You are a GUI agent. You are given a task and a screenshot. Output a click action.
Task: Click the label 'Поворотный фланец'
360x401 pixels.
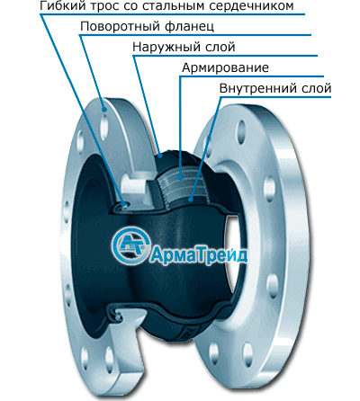147,26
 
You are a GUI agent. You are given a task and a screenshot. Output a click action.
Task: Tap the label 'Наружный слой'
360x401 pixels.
184,47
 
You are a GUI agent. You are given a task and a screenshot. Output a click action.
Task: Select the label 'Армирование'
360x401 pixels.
225,67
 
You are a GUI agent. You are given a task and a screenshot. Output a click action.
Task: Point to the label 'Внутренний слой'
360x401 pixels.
275,88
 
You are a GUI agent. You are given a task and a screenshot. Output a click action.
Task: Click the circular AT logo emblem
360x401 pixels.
130,245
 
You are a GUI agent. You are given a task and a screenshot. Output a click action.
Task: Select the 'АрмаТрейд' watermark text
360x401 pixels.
199,255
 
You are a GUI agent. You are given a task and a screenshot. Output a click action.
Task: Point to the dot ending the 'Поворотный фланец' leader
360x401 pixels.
104,110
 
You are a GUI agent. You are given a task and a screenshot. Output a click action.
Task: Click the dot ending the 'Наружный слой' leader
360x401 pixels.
161,156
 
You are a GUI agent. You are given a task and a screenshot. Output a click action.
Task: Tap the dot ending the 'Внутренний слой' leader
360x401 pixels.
191,199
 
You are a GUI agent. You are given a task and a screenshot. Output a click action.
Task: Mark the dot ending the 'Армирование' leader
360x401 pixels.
181,178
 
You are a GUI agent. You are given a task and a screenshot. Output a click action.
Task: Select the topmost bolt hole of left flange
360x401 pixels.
104,127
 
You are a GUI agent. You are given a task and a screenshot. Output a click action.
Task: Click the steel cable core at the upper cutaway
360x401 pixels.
122,205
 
